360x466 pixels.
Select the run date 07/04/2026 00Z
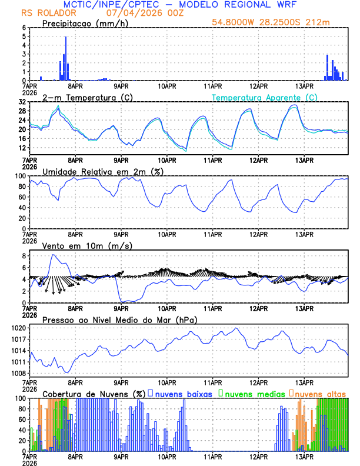pyautogui.click(x=145, y=13)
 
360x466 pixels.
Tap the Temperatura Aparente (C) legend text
pyautogui.click(x=265, y=97)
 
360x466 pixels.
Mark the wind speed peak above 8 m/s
pyautogui.click(x=54, y=255)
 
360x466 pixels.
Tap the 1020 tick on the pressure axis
pyautogui.click(x=18, y=328)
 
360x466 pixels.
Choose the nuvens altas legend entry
pyautogui.click(x=318, y=393)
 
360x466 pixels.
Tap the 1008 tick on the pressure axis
pyautogui.click(x=18, y=373)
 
